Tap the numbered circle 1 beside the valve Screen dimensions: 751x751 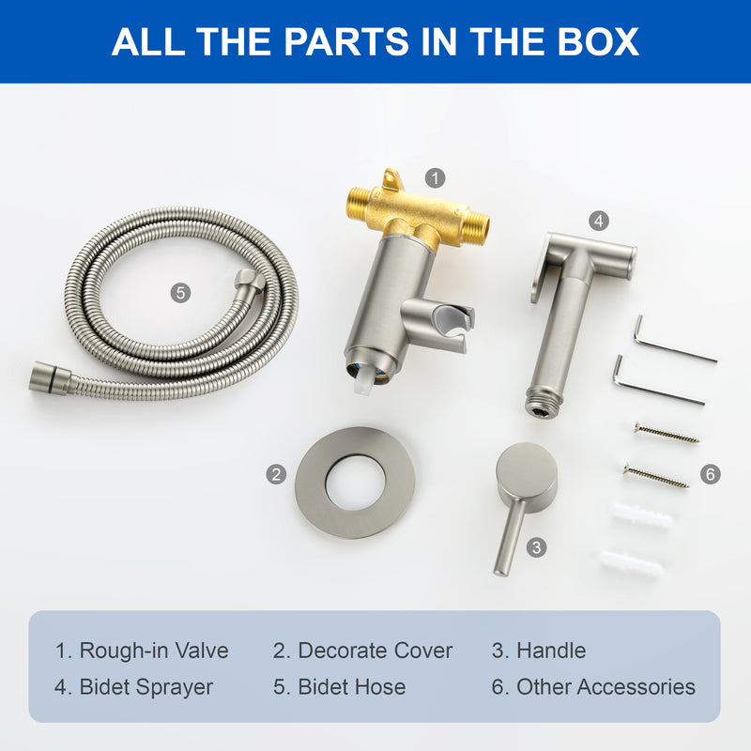click(435, 178)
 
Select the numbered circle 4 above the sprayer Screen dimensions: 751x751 click(599, 221)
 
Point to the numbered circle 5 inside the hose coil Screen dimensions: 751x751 click(180, 293)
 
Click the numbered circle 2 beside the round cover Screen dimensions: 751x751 click(276, 474)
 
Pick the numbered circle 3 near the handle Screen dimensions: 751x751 click(536, 547)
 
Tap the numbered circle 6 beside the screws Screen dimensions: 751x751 click(711, 474)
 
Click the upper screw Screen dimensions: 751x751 click(667, 433)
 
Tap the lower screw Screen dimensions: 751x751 click(655, 476)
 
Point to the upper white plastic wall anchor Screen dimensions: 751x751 click(640, 515)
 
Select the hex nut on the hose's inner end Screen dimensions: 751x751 click(249, 281)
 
